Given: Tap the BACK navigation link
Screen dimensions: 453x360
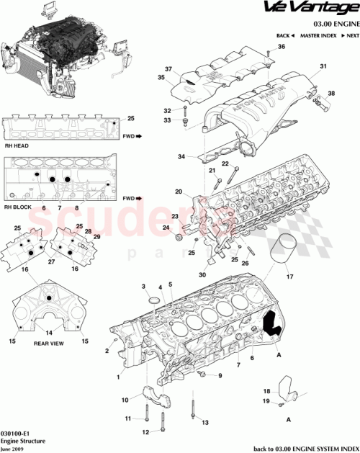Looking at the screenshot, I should (285, 35).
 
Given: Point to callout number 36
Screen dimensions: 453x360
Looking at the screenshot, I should (282, 47).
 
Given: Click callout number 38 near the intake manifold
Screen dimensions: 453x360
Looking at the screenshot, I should (331, 94).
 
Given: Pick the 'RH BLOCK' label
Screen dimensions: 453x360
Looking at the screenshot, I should (16, 207).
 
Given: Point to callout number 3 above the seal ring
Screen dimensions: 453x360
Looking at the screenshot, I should (143, 287).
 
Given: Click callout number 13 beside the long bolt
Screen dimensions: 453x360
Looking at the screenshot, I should (204, 422).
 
